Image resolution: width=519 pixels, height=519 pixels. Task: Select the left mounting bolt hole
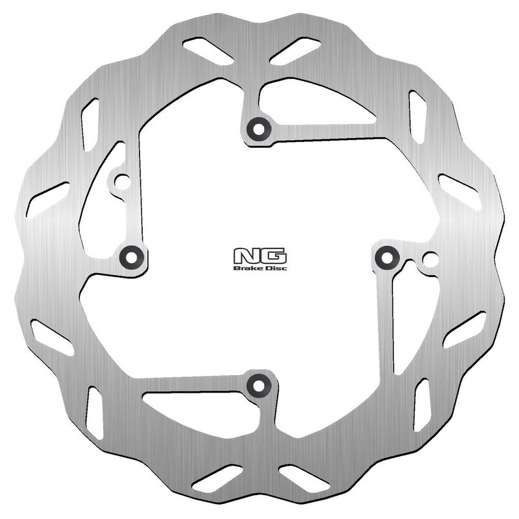click(x=131, y=257)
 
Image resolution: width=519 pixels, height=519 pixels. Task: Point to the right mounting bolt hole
click(x=387, y=258)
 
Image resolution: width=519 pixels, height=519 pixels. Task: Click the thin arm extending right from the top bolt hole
click(x=324, y=134)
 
